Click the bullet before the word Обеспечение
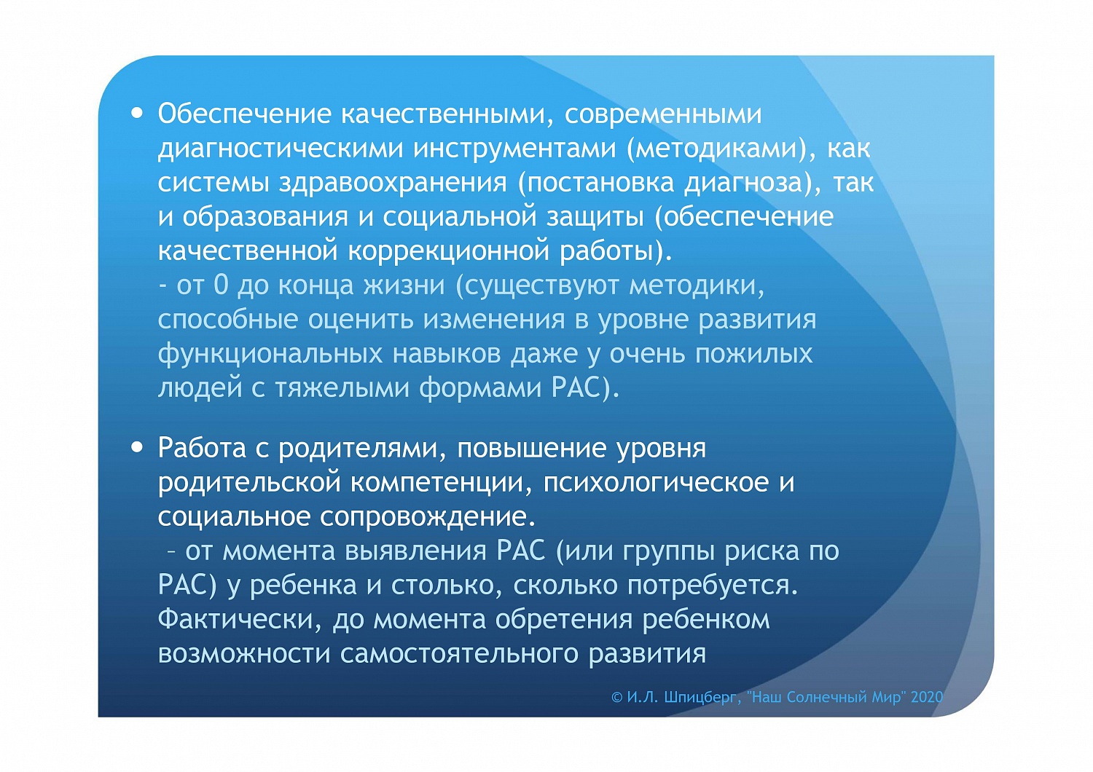click(138, 114)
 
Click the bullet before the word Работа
click(138, 447)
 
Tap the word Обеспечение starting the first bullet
click(245, 114)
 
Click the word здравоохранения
click(393, 182)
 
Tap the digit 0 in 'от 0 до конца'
click(221, 285)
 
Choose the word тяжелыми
click(342, 388)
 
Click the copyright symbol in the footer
click(616, 697)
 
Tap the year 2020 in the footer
click(927, 697)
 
